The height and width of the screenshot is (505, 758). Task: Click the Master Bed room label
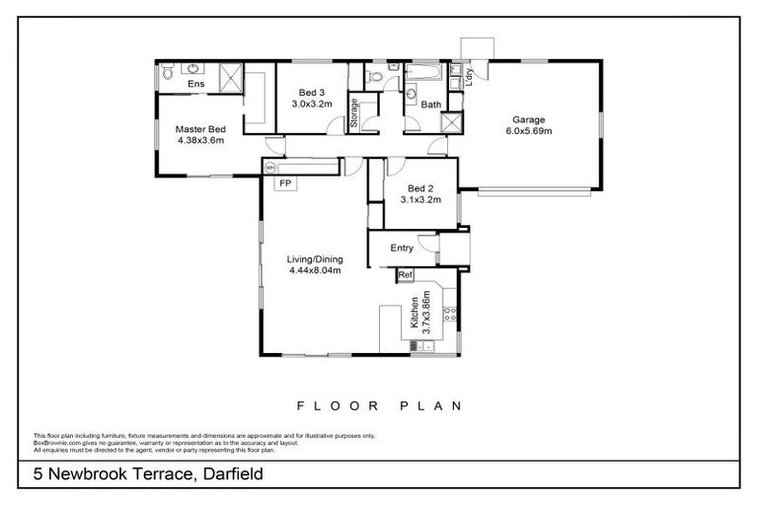(x=200, y=129)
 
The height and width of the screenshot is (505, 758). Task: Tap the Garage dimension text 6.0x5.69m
(x=529, y=130)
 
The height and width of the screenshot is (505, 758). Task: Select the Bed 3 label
(x=307, y=92)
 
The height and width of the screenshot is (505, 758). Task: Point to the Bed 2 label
(x=419, y=187)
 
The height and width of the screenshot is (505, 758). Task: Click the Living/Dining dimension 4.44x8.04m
(x=315, y=270)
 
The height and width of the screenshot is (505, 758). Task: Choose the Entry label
(x=402, y=248)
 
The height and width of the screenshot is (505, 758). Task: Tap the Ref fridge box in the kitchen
(x=405, y=274)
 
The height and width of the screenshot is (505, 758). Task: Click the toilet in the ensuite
(x=168, y=71)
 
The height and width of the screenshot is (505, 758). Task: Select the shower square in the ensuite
(x=231, y=78)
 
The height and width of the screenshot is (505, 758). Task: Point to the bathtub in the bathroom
(x=427, y=73)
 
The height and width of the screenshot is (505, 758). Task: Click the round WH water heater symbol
(x=268, y=169)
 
